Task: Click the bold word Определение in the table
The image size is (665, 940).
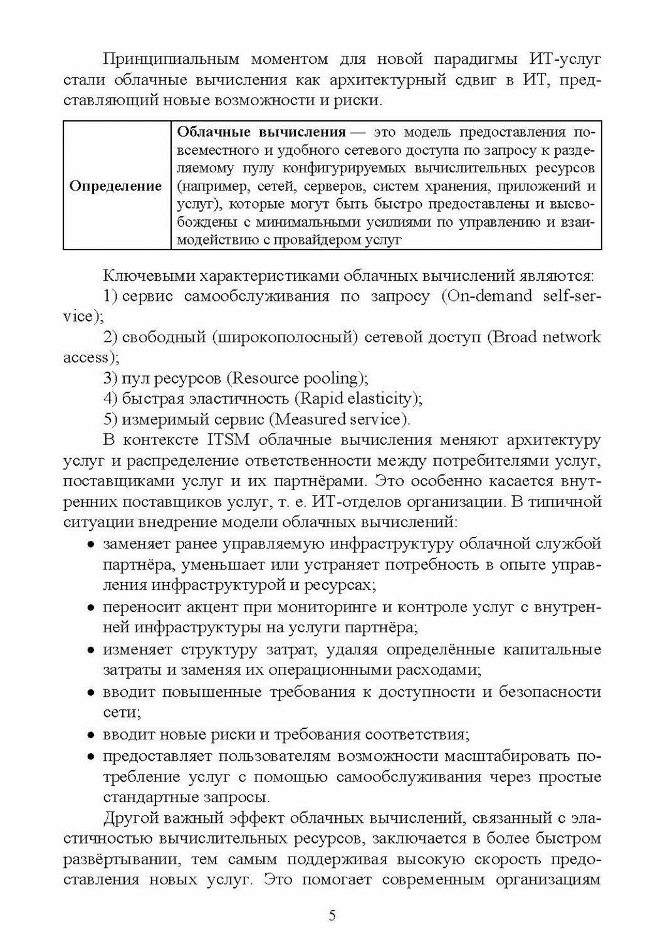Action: pyautogui.click(x=116, y=186)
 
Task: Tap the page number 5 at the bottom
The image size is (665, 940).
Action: pyautogui.click(x=332, y=915)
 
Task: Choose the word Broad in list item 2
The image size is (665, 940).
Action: pyautogui.click(x=516, y=337)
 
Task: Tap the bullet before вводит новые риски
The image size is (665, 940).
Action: pyautogui.click(x=92, y=734)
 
